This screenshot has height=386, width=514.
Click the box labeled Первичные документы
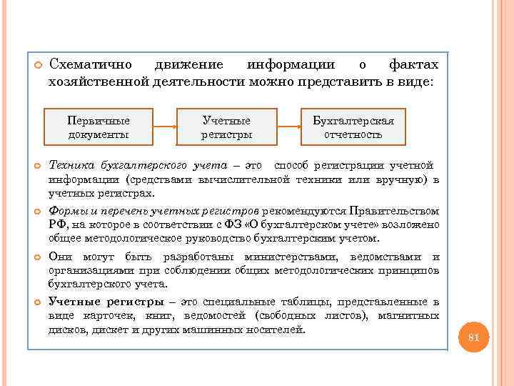(99, 127)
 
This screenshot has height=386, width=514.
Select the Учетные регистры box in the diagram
(226, 127)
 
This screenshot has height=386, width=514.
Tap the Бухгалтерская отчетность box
(353, 127)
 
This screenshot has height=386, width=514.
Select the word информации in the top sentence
(293, 66)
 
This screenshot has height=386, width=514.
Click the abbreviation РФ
(56, 225)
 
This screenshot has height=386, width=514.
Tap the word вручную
(403, 179)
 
